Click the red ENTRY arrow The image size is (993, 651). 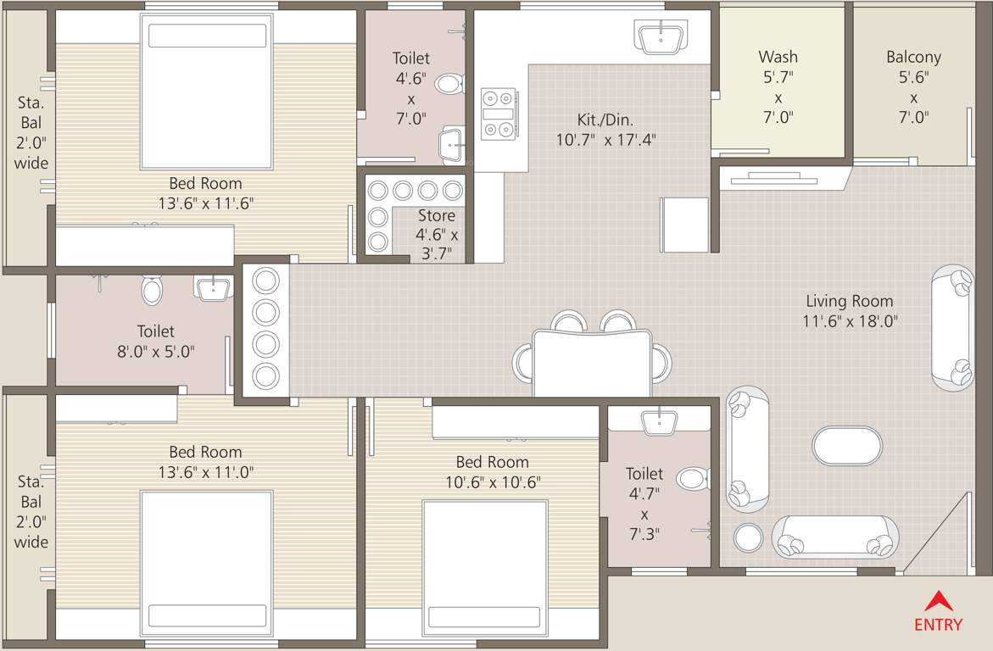pyautogui.click(x=937, y=601)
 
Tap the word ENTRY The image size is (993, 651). pyautogui.click(x=938, y=626)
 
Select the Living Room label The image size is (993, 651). pyautogui.click(x=849, y=301)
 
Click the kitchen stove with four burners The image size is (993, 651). pyautogui.click(x=498, y=113)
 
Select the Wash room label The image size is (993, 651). pyautogui.click(x=778, y=58)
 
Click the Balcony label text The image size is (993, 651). pyautogui.click(x=913, y=58)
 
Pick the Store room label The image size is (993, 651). pyautogui.click(x=436, y=216)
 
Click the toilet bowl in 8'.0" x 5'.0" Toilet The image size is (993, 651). pyautogui.click(x=153, y=291)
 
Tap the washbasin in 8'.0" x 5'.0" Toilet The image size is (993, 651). pyautogui.click(x=213, y=288)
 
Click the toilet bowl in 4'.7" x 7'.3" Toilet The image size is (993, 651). pyautogui.click(x=694, y=479)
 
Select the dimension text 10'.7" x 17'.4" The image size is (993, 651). pyautogui.click(x=605, y=140)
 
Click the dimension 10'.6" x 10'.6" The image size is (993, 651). pyautogui.click(x=492, y=482)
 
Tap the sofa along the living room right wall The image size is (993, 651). pyautogui.click(x=953, y=326)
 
